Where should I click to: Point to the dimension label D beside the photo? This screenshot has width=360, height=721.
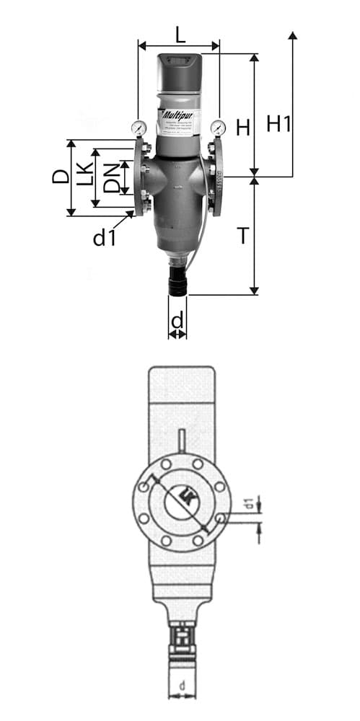60,176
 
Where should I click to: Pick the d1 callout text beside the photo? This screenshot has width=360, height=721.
104,237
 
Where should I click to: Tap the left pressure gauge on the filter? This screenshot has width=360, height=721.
138,128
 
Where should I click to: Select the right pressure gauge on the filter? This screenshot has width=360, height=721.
218,128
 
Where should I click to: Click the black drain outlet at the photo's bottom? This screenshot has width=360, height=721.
177,281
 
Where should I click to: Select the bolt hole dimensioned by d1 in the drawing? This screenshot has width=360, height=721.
220,518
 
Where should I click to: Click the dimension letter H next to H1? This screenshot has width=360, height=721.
243,128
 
